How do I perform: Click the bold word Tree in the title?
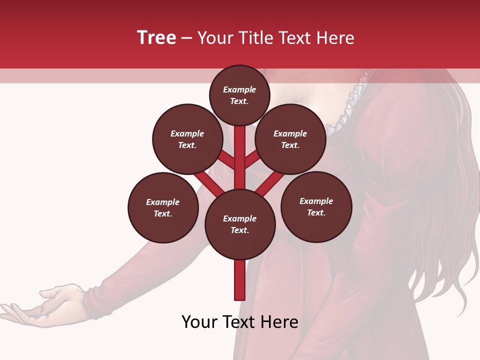coord(156,38)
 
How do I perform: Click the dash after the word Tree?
coord(186,38)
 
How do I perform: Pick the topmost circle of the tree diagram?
coord(239,95)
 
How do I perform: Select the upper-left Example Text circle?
coord(187,139)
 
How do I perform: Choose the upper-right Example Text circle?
coord(290,139)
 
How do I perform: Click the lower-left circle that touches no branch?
coord(163,207)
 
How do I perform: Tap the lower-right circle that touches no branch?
coord(316,206)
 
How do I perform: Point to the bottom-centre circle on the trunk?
coord(240,224)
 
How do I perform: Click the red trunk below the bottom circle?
coord(240,280)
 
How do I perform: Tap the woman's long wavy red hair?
coord(440,200)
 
